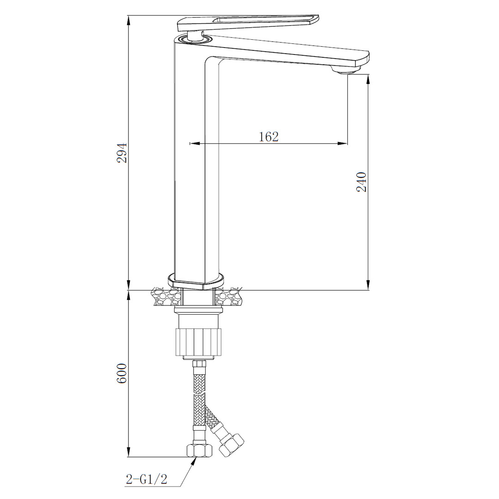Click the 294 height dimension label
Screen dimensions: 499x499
coord(122,153)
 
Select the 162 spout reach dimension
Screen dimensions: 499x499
coord(268,136)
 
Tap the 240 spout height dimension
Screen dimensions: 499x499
coord(361,182)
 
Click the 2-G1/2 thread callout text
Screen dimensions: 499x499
coord(146,479)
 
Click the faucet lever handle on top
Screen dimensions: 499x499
coord(248,23)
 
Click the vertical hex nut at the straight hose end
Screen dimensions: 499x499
coord(200,450)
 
